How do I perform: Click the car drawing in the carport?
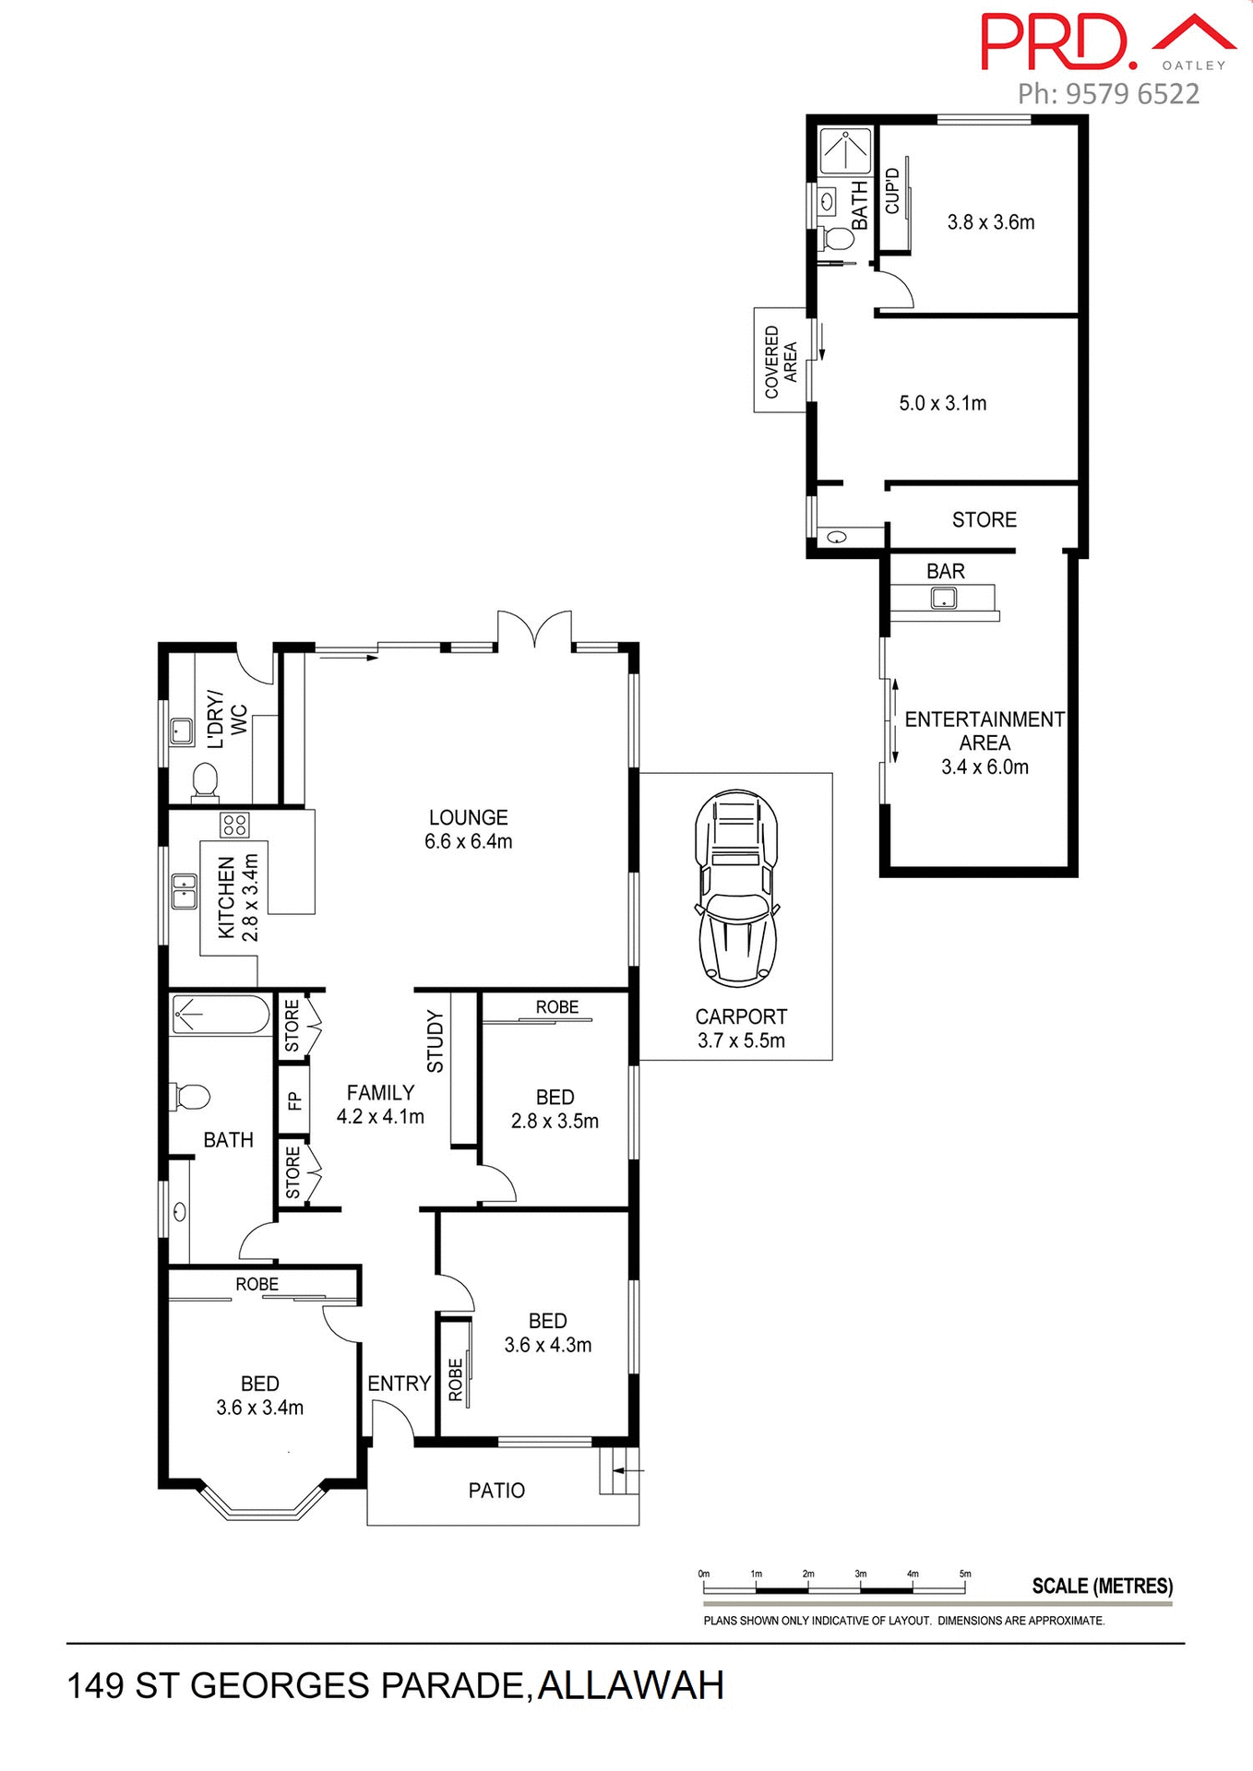coord(735,887)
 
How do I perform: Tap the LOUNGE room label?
coord(468,817)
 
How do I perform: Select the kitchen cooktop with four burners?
coord(234,825)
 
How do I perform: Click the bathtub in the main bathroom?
coord(221,1015)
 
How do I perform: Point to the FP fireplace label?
coord(293,1100)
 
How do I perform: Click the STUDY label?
coord(436,1042)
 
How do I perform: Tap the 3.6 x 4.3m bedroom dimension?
coord(547,1345)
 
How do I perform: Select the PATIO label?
coord(496,1491)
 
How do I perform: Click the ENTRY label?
coord(399,1384)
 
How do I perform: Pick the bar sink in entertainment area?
coord(943,599)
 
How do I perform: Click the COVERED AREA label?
coord(781,361)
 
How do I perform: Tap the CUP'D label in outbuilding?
coord(891,191)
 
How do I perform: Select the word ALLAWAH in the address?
coord(630,1686)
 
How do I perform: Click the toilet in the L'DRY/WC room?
coord(205,783)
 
